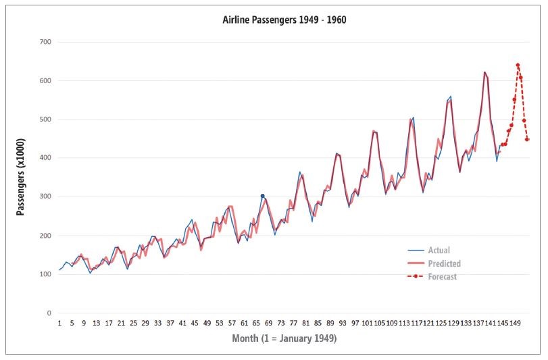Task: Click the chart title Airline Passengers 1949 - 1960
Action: click(284, 20)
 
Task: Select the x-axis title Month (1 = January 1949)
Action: click(284, 338)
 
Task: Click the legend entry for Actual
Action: click(439, 251)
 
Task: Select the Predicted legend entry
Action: click(444, 263)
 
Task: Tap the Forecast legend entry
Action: click(443, 276)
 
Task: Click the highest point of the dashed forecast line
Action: click(518, 65)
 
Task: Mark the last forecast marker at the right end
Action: click(527, 139)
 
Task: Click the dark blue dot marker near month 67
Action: click(262, 196)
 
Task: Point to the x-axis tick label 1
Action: click(59, 323)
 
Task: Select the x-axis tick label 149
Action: click(515, 323)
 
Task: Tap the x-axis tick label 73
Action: click(281, 323)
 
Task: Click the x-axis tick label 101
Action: click(367, 323)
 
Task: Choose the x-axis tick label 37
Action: click(170, 323)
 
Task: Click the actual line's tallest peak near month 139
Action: click(484, 72)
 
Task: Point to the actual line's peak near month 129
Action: click(451, 97)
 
